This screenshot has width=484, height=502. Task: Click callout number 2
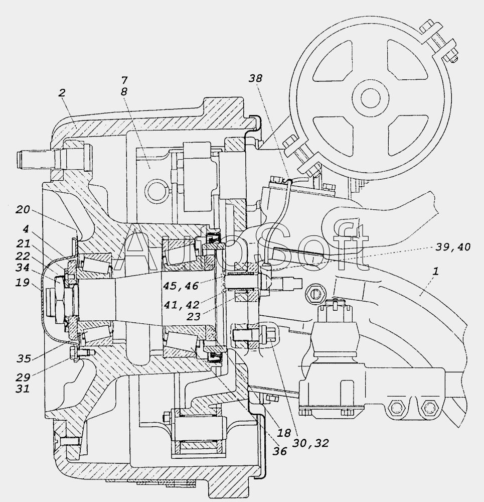point(62,93)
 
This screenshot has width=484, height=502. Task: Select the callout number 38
point(255,78)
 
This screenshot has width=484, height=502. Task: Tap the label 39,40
point(453,247)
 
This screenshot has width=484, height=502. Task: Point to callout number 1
point(435,272)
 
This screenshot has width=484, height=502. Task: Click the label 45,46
point(181,286)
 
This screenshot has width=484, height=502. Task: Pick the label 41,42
point(182,305)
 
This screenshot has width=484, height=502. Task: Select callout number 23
point(193,317)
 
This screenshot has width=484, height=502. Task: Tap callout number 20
point(23,210)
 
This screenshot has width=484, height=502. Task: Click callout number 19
point(23,283)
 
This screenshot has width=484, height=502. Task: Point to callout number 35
point(24,358)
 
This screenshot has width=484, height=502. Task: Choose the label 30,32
point(311,443)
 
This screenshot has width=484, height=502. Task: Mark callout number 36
point(279,451)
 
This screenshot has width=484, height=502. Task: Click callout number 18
point(284,433)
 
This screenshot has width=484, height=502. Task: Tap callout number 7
point(124,80)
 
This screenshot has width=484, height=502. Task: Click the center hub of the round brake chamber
point(371,98)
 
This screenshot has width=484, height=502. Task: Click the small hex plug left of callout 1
point(314,293)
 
